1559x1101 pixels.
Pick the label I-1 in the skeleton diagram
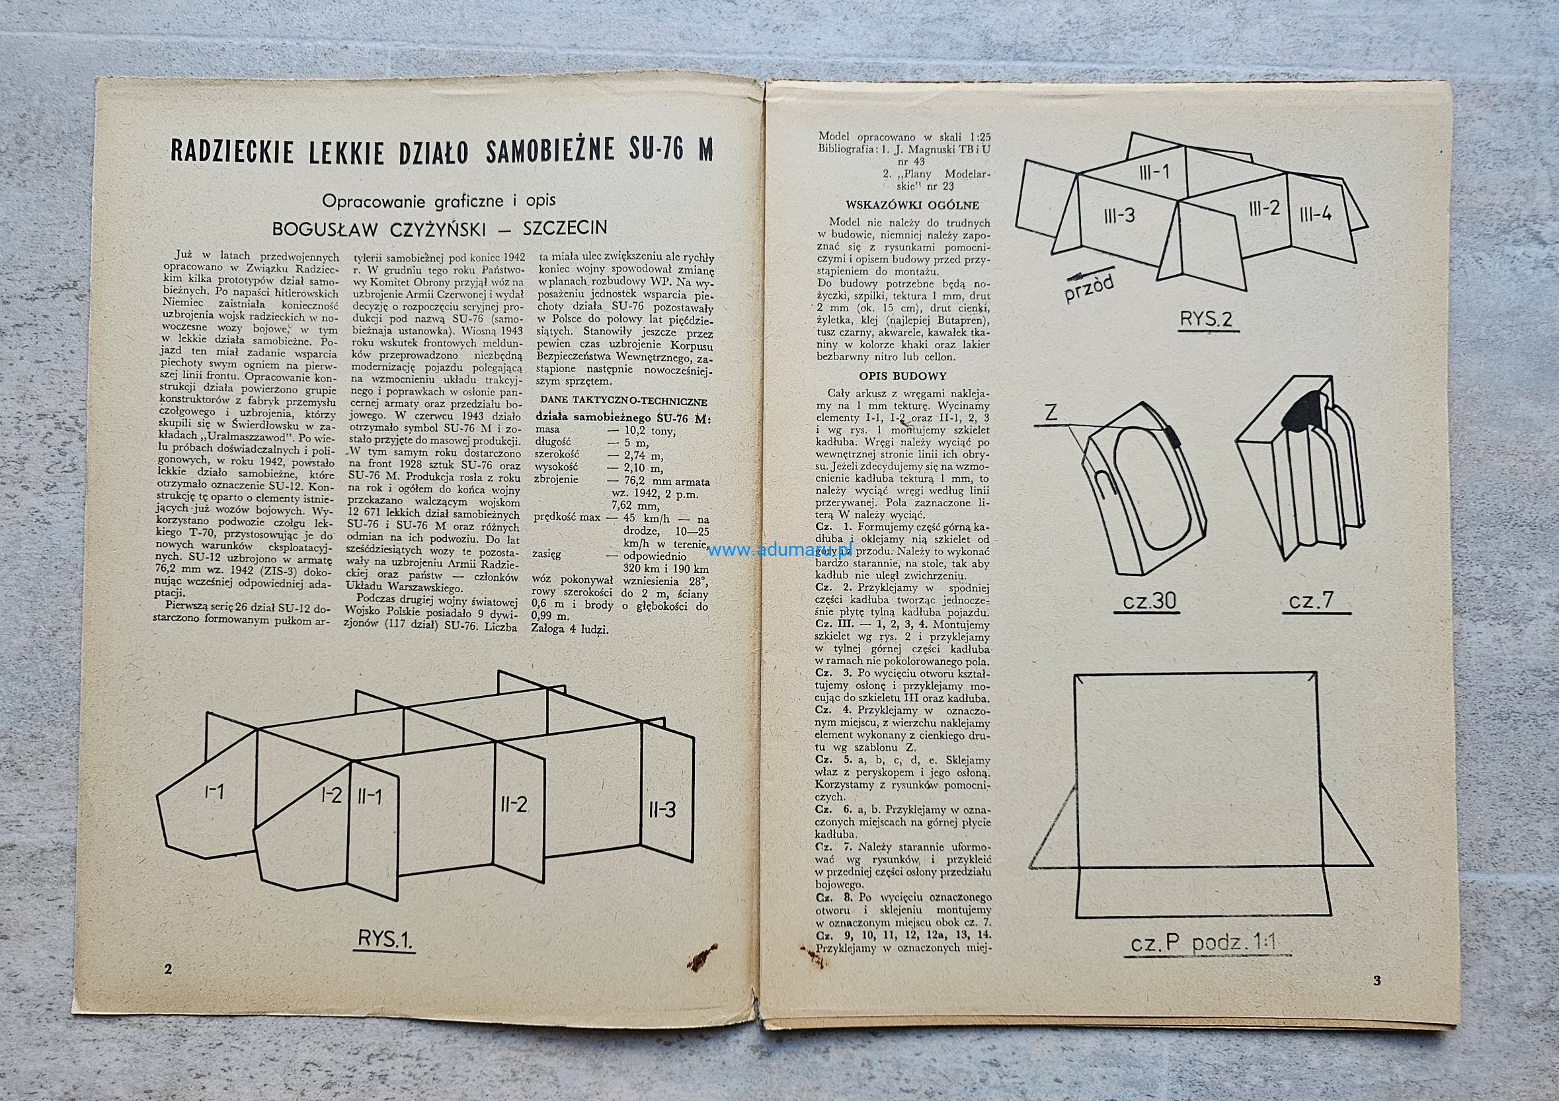215,792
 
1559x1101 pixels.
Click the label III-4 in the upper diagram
1315,215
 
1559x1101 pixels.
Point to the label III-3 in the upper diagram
1118,216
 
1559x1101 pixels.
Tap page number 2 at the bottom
168,969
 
